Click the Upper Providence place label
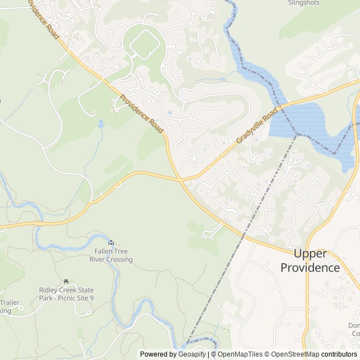tap(310, 261)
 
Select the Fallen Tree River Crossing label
tap(111, 255)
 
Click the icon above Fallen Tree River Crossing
tap(111, 242)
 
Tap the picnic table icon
tap(66, 281)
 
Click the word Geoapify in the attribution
tap(190, 354)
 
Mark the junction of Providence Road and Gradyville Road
tap(181, 180)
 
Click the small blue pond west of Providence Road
tap(101, 123)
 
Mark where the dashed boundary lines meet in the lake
tap(296, 134)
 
